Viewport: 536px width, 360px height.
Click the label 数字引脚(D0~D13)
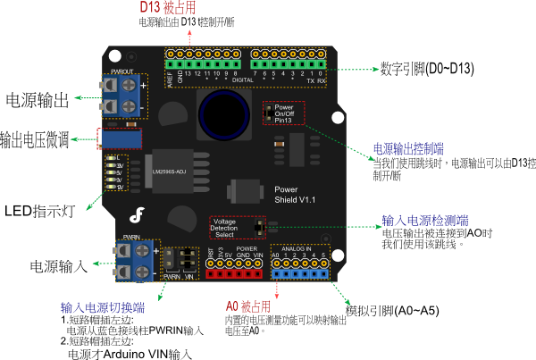pyautogui.click(x=426, y=69)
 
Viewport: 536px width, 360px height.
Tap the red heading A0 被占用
pyautogui.click(x=242, y=306)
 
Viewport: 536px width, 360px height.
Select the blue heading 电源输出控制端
pyautogui.click(x=408, y=148)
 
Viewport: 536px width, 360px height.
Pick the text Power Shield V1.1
pyautogui.click(x=291, y=194)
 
